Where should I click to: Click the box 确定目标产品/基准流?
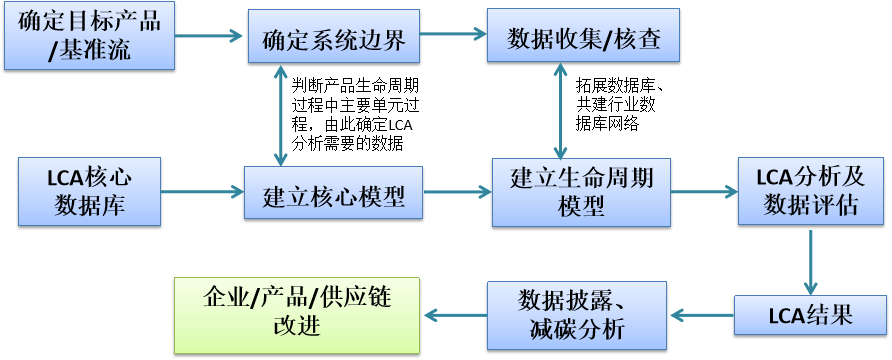(88, 35)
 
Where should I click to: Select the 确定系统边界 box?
(334, 38)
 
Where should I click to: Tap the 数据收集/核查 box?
(582, 37)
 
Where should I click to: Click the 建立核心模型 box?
(334, 193)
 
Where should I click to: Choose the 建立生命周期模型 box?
(582, 192)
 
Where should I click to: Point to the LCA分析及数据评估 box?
(810, 191)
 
